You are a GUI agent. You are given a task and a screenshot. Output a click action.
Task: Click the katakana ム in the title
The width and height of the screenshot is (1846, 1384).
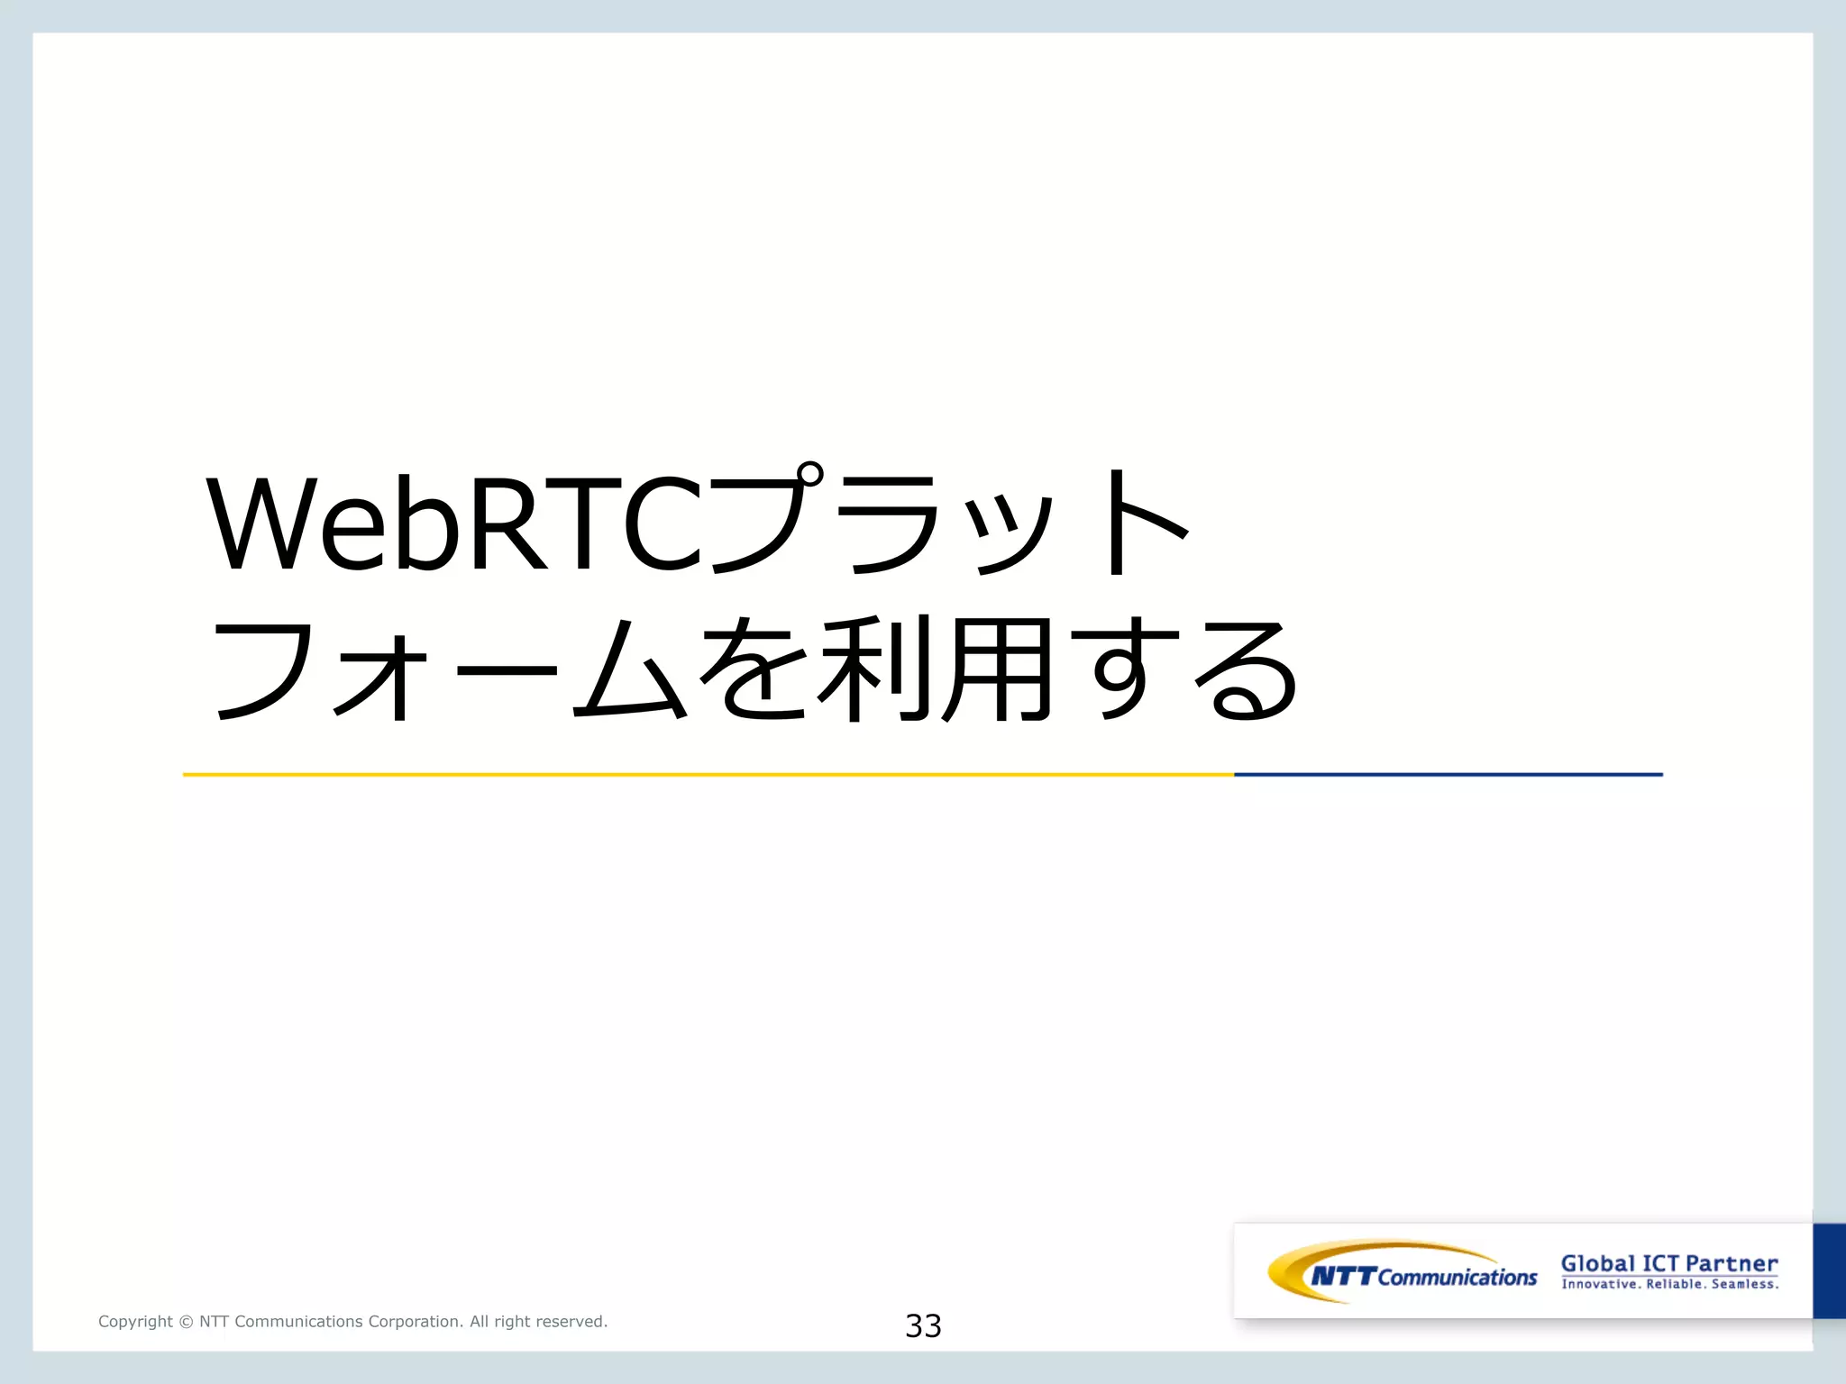(630, 671)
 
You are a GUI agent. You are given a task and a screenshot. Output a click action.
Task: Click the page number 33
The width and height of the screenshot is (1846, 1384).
(923, 1325)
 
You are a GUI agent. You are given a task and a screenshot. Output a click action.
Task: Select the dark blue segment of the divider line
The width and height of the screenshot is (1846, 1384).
(1448, 774)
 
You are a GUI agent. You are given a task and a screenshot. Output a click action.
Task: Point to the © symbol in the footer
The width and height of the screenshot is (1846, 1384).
(186, 1322)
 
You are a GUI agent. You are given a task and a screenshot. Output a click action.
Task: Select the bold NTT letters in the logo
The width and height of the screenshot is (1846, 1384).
(1343, 1276)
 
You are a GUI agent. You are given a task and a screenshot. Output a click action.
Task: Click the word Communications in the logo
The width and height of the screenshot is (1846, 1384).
(1457, 1277)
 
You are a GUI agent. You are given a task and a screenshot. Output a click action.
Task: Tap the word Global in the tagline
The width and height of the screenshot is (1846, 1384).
(1597, 1263)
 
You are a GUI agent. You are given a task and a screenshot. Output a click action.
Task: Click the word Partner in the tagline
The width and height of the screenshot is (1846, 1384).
(1731, 1263)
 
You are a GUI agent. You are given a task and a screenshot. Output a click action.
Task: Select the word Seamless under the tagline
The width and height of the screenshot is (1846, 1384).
(1744, 1284)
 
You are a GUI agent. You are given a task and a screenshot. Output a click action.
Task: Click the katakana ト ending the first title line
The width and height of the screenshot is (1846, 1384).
(1140, 523)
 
